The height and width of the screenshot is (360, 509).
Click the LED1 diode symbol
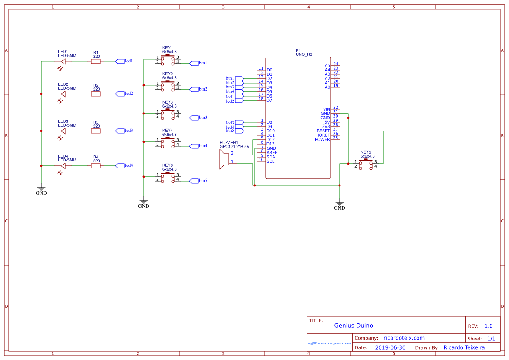point(63,61)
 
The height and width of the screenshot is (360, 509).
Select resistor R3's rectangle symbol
point(96,131)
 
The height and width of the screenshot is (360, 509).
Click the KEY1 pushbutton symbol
point(168,60)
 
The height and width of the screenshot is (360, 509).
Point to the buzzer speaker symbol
point(224,159)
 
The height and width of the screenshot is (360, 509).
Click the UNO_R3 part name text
point(304,54)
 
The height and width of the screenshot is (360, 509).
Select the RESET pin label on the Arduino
point(323,131)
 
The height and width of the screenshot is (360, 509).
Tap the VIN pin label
point(326,109)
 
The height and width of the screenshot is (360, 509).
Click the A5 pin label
point(327,65)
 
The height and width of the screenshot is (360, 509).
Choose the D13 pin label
point(270,144)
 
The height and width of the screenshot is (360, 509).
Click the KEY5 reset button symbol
point(366,164)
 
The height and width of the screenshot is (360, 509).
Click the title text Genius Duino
point(354,326)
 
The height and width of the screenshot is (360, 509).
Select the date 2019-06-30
point(390,347)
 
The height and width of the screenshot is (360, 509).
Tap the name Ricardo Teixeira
point(464,347)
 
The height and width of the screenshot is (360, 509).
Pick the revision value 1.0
point(488,326)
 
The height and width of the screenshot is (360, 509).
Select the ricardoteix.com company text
point(404,338)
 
